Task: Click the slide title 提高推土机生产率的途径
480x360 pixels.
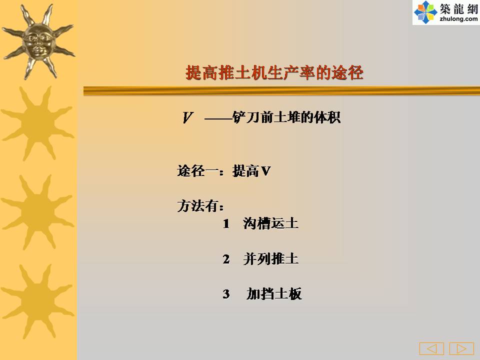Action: [x=274, y=72]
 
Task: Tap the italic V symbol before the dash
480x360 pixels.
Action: [x=187, y=117]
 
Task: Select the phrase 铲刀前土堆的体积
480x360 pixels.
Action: [x=286, y=117]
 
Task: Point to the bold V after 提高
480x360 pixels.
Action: [x=265, y=171]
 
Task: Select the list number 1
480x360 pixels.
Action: [x=226, y=224]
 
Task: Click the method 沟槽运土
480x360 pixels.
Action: [x=270, y=223]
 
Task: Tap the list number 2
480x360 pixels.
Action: [x=226, y=259]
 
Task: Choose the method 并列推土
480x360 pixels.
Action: [x=270, y=258]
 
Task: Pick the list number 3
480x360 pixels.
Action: [x=226, y=294]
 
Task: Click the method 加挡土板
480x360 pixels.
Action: [x=274, y=293]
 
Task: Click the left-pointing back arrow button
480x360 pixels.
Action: [x=431, y=348]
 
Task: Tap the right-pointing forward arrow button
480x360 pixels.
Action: [x=461, y=348]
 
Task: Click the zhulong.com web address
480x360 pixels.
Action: [x=458, y=19]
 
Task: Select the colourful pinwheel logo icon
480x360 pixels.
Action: [x=425, y=12]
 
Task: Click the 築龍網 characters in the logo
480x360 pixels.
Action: [x=458, y=8]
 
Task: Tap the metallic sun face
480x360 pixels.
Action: [x=38, y=41]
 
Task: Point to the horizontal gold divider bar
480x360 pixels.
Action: [x=281, y=91]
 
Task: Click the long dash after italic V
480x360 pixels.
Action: [x=218, y=118]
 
